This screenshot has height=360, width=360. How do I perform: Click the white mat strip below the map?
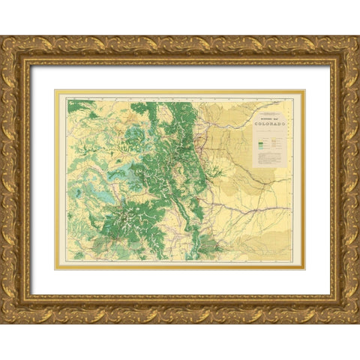point(180,282)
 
